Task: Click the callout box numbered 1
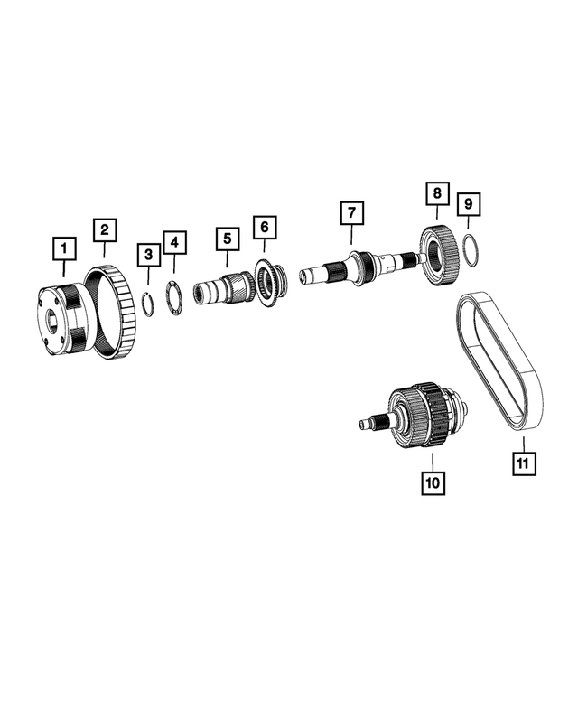[63, 247]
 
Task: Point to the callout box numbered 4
[174, 242]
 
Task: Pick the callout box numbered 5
[228, 239]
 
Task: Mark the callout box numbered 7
[351, 215]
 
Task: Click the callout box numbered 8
[436, 193]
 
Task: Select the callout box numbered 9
[468, 205]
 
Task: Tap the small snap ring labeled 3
[148, 302]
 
